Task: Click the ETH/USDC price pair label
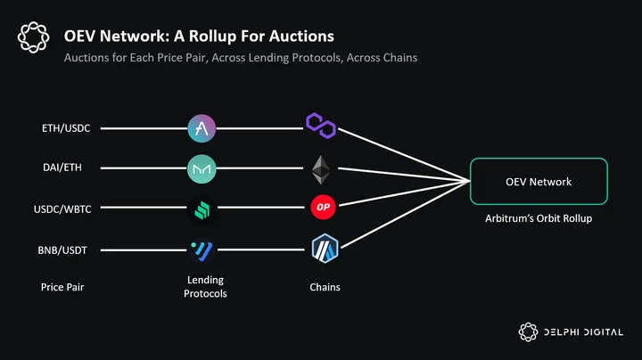pyautogui.click(x=66, y=128)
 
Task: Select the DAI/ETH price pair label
pyautogui.click(x=62, y=168)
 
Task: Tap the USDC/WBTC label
pyautogui.click(x=62, y=209)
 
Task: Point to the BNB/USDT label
pyautogui.click(x=62, y=250)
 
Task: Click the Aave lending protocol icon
pyautogui.click(x=202, y=128)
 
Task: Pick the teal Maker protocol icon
pyautogui.click(x=202, y=168)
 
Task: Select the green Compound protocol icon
pyautogui.click(x=202, y=210)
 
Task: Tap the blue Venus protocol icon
pyautogui.click(x=202, y=250)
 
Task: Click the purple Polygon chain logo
pyautogui.click(x=321, y=126)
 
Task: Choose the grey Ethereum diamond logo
pyautogui.click(x=321, y=170)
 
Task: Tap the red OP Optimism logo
pyautogui.click(x=323, y=207)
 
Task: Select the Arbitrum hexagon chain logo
pyautogui.click(x=325, y=249)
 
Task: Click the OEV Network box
pyautogui.click(x=539, y=181)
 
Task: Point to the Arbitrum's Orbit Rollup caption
pyautogui.click(x=539, y=218)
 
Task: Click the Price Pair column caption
pyautogui.click(x=62, y=287)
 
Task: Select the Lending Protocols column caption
pyautogui.click(x=205, y=286)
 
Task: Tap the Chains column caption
pyautogui.click(x=325, y=287)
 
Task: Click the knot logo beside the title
pyautogui.click(x=34, y=37)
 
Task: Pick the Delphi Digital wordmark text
pyautogui.click(x=583, y=332)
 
